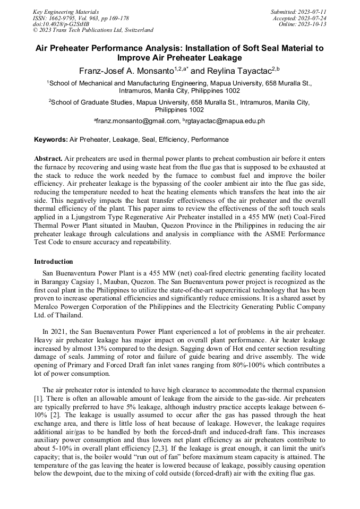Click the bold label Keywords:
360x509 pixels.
(51, 140)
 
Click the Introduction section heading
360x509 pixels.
(54, 262)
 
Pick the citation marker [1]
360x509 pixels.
(38, 398)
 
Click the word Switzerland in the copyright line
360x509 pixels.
(136, 30)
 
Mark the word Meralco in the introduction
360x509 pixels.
(48, 306)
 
